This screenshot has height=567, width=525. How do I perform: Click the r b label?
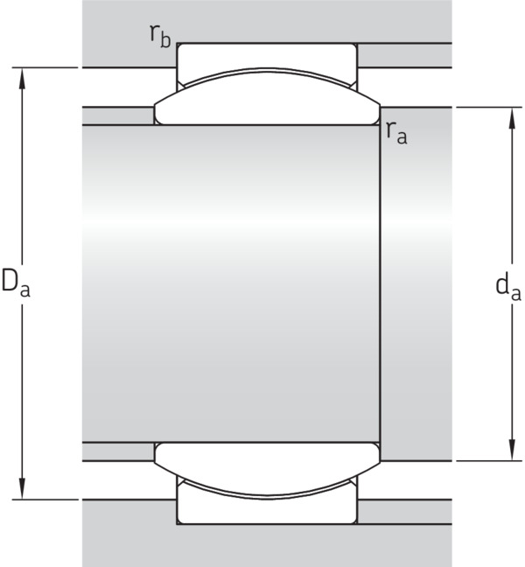pos(160,37)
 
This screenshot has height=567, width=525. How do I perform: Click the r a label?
pos(396,133)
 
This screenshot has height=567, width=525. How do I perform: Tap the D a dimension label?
pos(16,283)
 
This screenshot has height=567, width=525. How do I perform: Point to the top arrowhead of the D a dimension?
pos(23,79)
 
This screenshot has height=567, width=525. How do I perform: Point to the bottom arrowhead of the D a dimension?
pos(23,488)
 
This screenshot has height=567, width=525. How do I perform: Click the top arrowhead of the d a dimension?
pos(512,118)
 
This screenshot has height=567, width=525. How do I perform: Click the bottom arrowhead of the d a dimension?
pos(512,450)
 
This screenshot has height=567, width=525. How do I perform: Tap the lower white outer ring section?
pos(267,511)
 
